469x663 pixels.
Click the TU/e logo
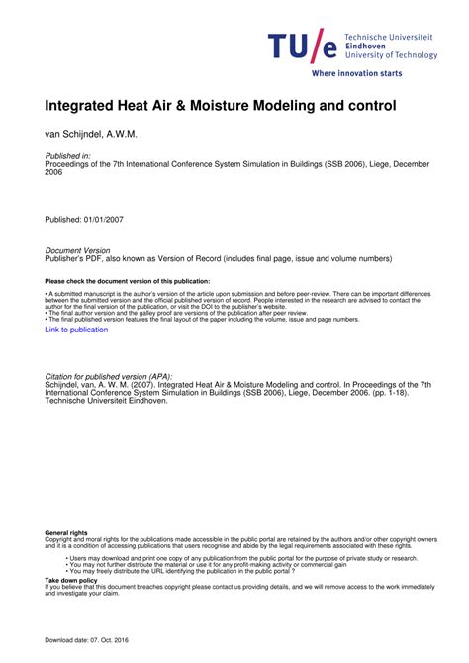click(x=303, y=46)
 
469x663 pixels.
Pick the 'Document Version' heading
click(x=78, y=251)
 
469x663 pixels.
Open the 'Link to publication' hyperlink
click(x=76, y=330)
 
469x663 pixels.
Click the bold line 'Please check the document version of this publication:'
click(x=128, y=281)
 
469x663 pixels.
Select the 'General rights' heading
click(x=65, y=533)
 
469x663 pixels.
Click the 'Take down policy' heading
click(x=72, y=581)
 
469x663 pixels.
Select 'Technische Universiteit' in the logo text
click(x=388, y=36)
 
